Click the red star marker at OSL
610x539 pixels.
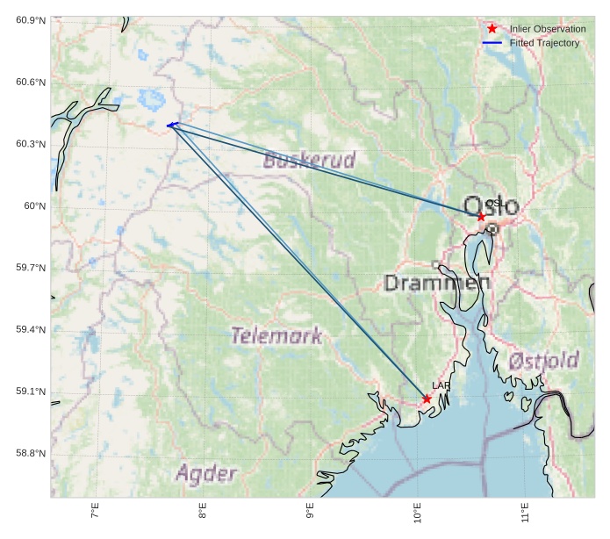point(481,216)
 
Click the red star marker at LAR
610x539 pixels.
point(427,399)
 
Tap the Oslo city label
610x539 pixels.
point(491,206)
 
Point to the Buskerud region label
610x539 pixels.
point(309,160)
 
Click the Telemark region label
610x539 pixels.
point(276,335)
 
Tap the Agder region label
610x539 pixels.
point(206,474)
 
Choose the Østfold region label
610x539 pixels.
point(543,361)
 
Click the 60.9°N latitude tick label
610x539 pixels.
point(31,20)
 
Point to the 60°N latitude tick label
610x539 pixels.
point(34,206)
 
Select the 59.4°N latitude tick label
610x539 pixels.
point(31,330)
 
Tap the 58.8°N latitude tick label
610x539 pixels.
point(31,454)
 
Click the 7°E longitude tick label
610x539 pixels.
point(94,512)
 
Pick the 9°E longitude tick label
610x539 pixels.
point(309,512)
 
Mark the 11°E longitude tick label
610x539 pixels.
point(524,512)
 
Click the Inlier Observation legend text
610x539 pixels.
point(547,29)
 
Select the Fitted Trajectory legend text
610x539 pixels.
point(544,43)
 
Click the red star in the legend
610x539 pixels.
point(492,29)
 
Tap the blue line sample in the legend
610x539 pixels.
point(492,43)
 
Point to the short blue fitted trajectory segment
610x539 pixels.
point(172,125)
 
